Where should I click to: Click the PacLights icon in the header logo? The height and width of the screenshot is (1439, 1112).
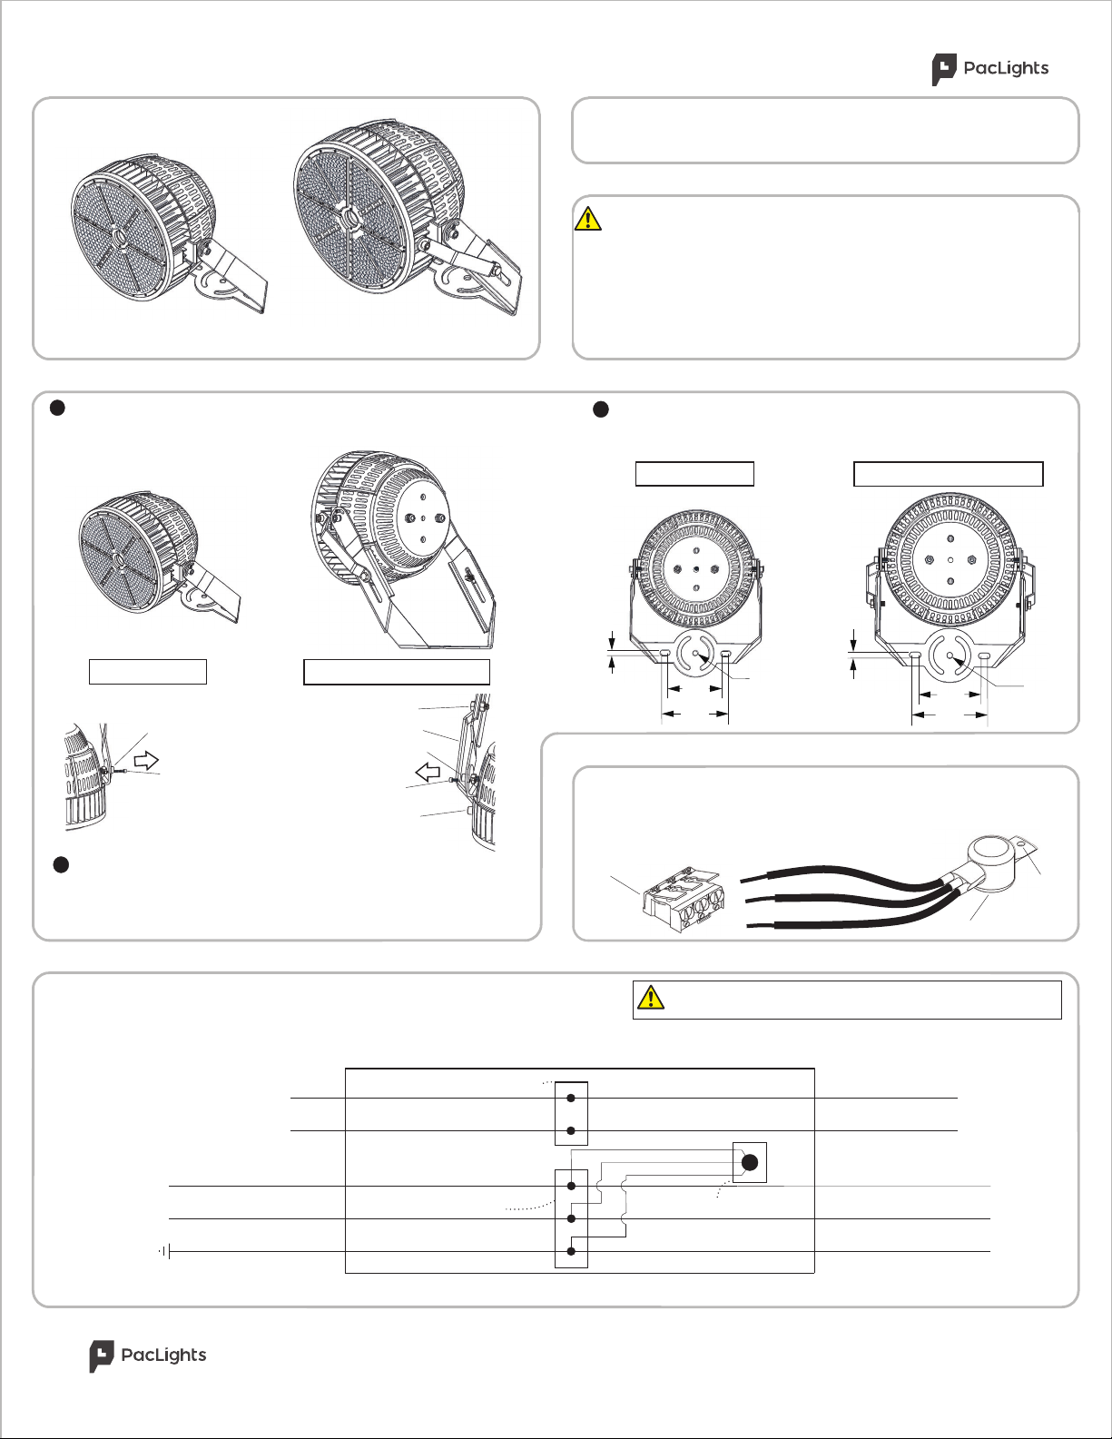(x=944, y=69)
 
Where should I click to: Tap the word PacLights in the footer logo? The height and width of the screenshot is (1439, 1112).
(x=163, y=1355)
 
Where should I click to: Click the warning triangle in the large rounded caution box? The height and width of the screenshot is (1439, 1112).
(x=588, y=219)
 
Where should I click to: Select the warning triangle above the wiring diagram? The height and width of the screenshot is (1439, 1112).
(x=651, y=998)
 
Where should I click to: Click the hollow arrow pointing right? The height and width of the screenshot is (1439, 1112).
(x=146, y=761)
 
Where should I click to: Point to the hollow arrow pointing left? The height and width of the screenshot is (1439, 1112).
(x=428, y=773)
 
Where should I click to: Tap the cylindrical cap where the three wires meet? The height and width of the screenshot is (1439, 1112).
(x=991, y=854)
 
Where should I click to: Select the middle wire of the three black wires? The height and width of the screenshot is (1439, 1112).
(x=844, y=896)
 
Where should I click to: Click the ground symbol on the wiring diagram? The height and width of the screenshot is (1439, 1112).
(x=166, y=1251)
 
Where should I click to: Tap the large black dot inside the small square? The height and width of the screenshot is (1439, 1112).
(x=750, y=1162)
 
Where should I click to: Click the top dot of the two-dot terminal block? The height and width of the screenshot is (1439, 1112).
(x=571, y=1098)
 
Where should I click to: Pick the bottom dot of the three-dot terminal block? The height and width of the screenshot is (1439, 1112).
(x=571, y=1251)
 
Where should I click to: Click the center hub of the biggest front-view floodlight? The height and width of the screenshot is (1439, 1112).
(x=348, y=220)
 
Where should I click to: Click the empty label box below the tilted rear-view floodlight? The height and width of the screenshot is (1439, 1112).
(x=397, y=672)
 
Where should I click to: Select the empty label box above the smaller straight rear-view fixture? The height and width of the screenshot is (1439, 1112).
(x=694, y=474)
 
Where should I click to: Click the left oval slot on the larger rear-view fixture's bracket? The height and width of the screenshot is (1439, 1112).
(x=915, y=655)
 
